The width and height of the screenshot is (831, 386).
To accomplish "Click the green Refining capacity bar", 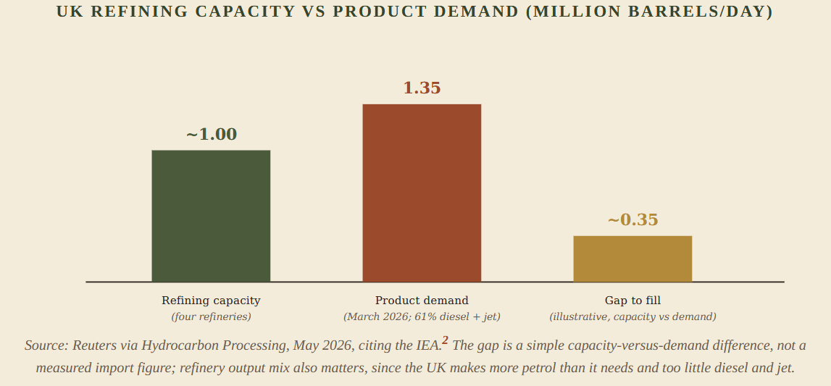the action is (x=211, y=216).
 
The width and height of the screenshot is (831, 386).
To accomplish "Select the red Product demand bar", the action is (x=422, y=193).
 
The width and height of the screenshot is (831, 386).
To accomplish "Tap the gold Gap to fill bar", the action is (x=632, y=259).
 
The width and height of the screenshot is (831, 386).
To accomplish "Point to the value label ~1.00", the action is (x=212, y=135).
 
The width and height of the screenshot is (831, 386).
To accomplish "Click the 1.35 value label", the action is (x=422, y=88).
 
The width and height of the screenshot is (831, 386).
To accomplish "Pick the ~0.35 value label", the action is (x=632, y=219).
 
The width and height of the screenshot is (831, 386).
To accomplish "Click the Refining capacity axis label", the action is (x=211, y=301).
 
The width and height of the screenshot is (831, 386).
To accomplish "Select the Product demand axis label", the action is (x=422, y=301).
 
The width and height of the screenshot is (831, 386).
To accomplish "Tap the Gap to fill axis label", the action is (x=632, y=301).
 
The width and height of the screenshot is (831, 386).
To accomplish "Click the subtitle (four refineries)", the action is (x=211, y=316).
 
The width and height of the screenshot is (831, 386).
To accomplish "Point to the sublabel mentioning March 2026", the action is (x=422, y=316).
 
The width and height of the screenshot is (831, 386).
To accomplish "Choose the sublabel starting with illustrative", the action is (x=632, y=316).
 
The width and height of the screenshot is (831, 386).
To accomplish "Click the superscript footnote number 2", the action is (x=445, y=340).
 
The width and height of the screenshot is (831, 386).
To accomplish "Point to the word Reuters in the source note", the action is (x=92, y=345).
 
